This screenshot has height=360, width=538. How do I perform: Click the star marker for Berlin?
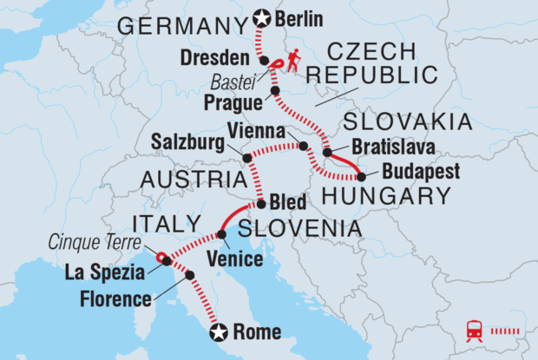click(x=258, y=16)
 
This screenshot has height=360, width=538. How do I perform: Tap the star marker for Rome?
click(x=220, y=331)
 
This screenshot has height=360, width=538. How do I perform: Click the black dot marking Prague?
click(x=275, y=91)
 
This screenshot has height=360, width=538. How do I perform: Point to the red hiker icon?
click(x=295, y=60)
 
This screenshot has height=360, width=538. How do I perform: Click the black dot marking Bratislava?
click(x=327, y=153)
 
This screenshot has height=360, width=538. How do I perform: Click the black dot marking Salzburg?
click(x=246, y=158)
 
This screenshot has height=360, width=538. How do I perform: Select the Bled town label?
click(x=289, y=205)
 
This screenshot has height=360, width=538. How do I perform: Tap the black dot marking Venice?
click(x=221, y=234)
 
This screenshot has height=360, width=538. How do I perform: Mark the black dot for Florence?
click(x=190, y=275)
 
